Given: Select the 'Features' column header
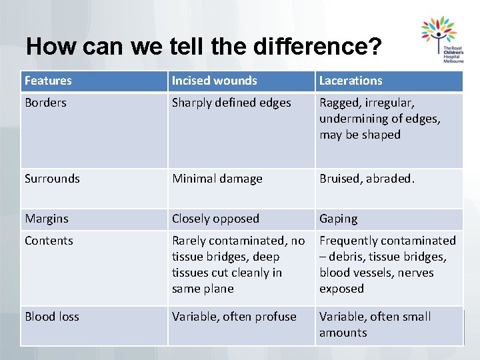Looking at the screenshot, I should click(48, 81).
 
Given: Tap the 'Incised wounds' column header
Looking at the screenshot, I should click(214, 81).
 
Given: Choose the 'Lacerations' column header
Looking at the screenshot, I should click(351, 81).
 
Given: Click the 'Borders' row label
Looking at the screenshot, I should click(45, 103).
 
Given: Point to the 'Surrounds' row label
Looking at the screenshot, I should click(52, 179).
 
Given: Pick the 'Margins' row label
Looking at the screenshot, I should click(47, 219).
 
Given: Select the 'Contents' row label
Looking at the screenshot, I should click(49, 241).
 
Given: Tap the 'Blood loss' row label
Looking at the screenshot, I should click(51, 317).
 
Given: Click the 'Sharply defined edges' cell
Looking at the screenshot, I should click(231, 103).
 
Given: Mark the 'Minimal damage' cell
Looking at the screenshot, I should click(217, 179).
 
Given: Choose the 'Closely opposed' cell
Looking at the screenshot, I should click(215, 219).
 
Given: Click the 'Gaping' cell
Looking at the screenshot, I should click(338, 219).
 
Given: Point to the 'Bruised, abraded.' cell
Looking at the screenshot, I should click(367, 179).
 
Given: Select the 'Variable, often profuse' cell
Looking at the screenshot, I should click(234, 317).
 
